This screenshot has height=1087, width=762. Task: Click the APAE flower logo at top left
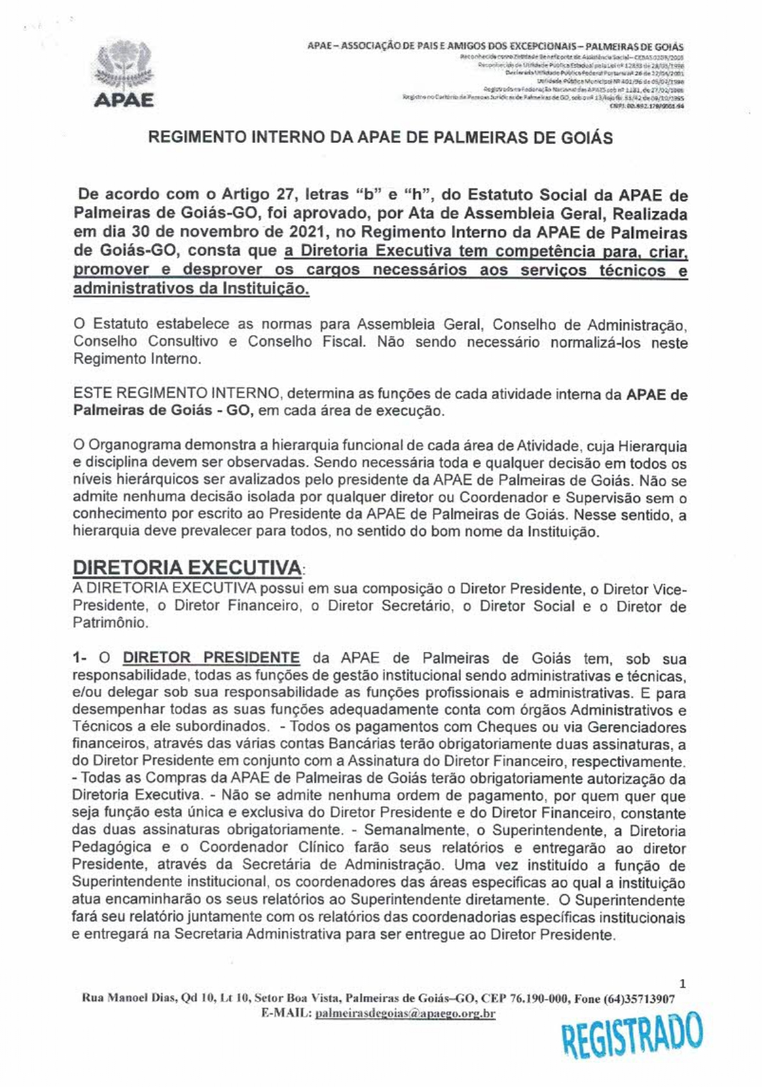[123, 66]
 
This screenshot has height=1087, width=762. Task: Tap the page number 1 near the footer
[682, 983]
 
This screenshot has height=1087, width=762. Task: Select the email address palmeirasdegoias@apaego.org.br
[405, 1014]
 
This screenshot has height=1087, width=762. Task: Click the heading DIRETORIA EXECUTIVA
[187, 567]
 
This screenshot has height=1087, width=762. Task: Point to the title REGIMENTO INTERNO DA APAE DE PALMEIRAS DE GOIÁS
[380, 137]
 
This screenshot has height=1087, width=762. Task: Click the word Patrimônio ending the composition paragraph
[110, 622]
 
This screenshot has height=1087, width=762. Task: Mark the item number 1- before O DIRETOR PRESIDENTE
[80, 658]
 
